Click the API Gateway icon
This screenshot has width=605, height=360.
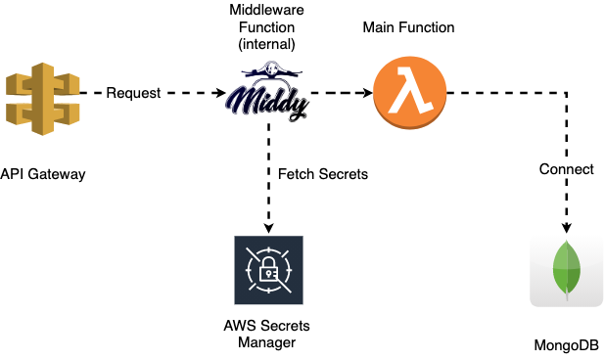[40, 95]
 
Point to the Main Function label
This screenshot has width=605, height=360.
[408, 27]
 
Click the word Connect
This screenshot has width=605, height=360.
[566, 169]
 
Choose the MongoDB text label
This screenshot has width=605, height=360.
[566, 346]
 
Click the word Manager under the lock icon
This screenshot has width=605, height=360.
[266, 343]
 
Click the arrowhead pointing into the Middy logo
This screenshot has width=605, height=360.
[218, 94]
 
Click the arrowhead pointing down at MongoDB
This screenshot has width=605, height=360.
[566, 222]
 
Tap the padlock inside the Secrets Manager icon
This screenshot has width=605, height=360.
[268, 271]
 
